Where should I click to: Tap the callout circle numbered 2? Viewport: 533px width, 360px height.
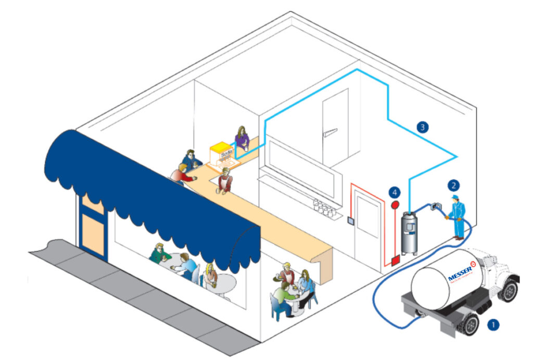coord(454,184)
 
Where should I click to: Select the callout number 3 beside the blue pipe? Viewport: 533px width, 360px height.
coord(423,126)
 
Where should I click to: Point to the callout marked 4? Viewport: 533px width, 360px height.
coord(395,192)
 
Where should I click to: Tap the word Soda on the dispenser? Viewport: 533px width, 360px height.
coord(226,154)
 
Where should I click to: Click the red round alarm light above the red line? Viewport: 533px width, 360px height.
coord(396,206)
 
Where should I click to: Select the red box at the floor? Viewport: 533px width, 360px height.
coord(395,259)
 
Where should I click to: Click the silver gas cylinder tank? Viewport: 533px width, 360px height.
coord(410,231)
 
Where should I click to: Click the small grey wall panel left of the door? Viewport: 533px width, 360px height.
coord(351,220)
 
